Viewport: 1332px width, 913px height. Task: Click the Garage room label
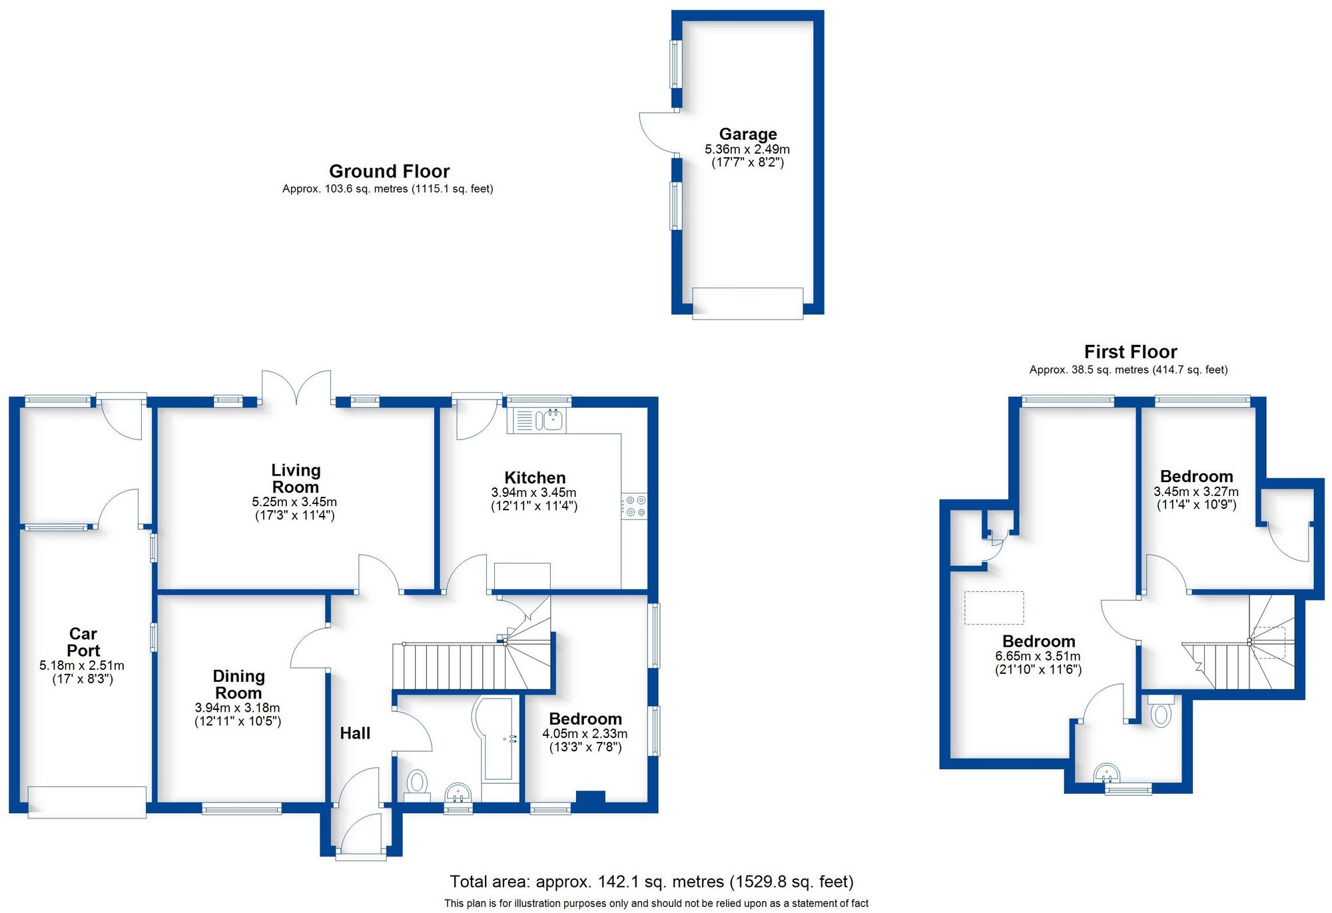pyautogui.click(x=747, y=135)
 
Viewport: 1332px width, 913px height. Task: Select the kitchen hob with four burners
pyautogui.click(x=634, y=506)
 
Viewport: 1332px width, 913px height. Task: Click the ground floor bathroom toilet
pyautogui.click(x=418, y=781)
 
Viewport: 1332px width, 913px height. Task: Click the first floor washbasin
pyautogui.click(x=1107, y=774)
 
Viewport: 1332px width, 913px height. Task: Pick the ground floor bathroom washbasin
pyautogui.click(x=458, y=793)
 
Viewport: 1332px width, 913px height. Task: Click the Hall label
pyautogui.click(x=355, y=733)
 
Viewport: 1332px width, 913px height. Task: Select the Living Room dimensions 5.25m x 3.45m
pyautogui.click(x=294, y=502)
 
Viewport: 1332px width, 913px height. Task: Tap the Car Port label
pyautogui.click(x=83, y=642)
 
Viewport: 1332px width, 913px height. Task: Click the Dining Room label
pyautogui.click(x=238, y=684)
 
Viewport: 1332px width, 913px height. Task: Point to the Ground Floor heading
pyautogui.click(x=389, y=172)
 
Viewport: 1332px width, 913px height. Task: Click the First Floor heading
pyautogui.click(x=1130, y=352)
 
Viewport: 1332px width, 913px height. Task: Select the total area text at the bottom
pyautogui.click(x=651, y=882)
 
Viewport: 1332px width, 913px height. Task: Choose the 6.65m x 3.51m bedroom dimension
pyautogui.click(x=1038, y=656)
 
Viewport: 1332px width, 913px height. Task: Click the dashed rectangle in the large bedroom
pyautogui.click(x=994, y=607)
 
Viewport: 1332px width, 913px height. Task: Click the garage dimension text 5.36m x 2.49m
pyautogui.click(x=747, y=149)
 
